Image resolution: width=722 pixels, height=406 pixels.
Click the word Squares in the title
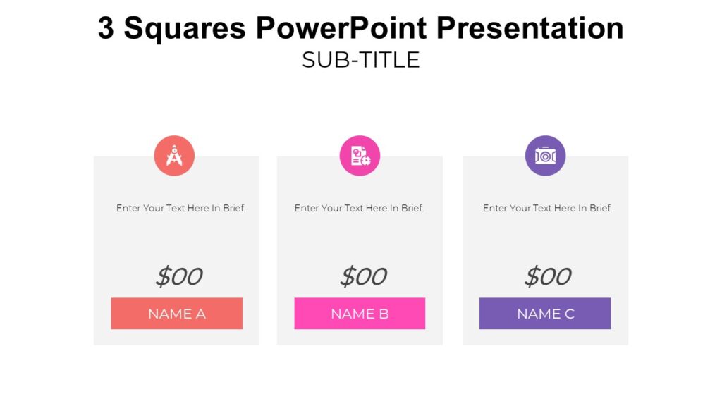click(x=185, y=29)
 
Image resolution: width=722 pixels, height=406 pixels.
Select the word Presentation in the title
click(x=530, y=29)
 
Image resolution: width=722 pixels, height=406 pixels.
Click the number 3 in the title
click(x=106, y=29)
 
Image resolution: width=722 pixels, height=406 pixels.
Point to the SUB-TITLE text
click(x=360, y=60)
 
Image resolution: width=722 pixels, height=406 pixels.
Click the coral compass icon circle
click(x=174, y=156)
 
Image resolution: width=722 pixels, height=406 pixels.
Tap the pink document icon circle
click(x=360, y=156)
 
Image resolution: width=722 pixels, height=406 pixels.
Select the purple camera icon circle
click(x=545, y=156)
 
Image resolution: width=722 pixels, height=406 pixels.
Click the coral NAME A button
click(x=176, y=314)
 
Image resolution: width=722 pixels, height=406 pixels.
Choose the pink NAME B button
click(x=360, y=314)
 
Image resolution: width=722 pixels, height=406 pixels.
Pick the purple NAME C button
click(x=545, y=314)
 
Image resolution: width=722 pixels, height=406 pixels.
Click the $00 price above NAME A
click(x=178, y=276)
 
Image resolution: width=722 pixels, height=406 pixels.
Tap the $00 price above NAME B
click(x=362, y=276)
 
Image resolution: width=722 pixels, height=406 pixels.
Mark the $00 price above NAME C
click(x=547, y=276)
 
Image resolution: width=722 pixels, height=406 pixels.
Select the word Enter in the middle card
click(x=307, y=209)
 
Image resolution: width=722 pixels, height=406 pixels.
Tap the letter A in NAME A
click(x=200, y=314)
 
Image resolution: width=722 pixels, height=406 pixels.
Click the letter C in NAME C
click(x=569, y=314)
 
